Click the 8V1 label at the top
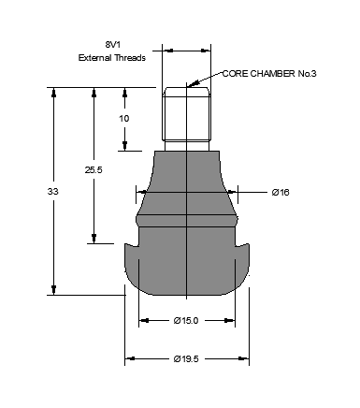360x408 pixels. pyautogui.click(x=112, y=45)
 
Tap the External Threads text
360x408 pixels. pyautogui.click(x=112, y=58)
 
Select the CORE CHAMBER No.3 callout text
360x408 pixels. pyautogui.click(x=269, y=74)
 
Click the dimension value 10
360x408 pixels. pyautogui.click(x=124, y=119)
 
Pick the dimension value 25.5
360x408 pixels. pyautogui.click(x=94, y=170)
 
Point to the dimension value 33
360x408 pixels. pyautogui.click(x=52, y=192)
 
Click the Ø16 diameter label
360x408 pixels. pyautogui.click(x=281, y=193)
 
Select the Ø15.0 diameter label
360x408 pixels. pyautogui.click(x=186, y=321)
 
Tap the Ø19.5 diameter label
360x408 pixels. pyautogui.click(x=186, y=359)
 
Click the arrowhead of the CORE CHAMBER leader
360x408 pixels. pyautogui.click(x=191, y=84)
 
